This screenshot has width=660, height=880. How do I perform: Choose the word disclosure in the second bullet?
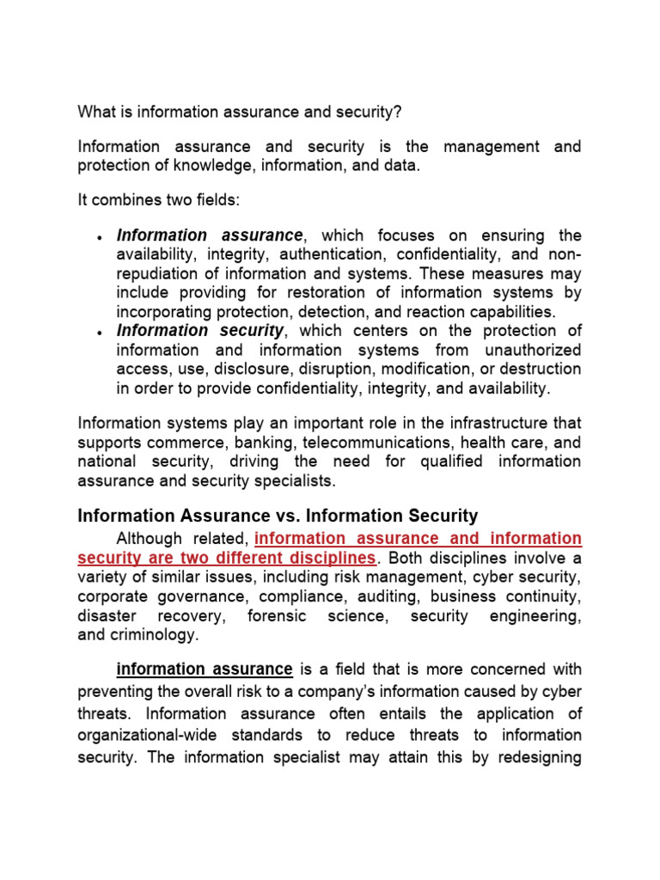[252, 369]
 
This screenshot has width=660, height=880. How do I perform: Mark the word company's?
[314, 692]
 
